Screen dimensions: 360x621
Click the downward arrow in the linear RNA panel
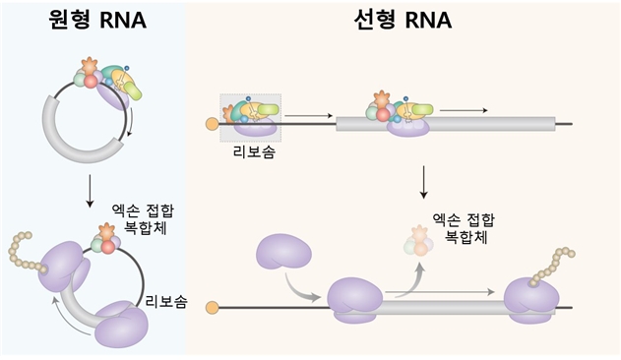[423, 180]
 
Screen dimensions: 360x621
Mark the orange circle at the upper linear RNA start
[210, 124]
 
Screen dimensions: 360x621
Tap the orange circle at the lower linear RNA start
[210, 308]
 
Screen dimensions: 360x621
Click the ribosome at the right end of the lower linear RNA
[530, 299]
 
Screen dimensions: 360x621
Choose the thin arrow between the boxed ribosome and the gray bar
[305, 116]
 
